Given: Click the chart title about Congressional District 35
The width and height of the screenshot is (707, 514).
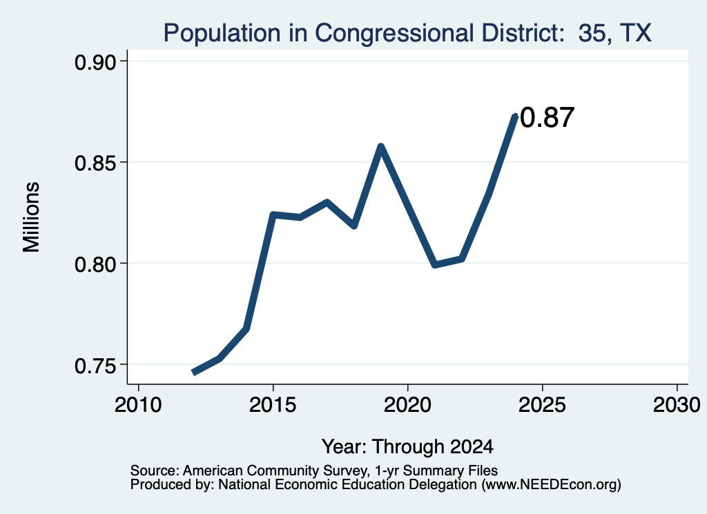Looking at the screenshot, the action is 407,33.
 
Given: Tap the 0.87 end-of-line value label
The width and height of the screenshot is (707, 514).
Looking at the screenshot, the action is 548,117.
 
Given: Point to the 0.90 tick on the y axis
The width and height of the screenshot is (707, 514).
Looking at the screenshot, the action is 95,61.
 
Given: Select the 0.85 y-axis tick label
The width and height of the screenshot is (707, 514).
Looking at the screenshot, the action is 95,163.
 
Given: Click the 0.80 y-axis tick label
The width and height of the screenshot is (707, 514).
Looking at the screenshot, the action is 95,264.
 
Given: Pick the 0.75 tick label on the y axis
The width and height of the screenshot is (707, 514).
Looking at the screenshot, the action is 95,366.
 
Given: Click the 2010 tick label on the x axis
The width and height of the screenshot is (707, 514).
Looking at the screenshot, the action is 138,405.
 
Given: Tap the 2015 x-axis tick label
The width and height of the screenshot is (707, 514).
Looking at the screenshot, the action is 272,405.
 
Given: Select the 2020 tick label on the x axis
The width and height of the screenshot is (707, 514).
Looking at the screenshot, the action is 407,405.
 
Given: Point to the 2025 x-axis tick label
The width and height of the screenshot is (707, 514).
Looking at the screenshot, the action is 541,405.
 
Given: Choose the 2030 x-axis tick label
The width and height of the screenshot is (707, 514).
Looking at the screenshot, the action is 677,405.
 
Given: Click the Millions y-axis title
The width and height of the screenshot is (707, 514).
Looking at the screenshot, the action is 31,217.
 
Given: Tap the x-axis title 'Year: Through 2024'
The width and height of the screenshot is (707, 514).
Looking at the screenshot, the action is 407,446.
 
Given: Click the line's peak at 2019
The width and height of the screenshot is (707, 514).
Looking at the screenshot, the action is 380,146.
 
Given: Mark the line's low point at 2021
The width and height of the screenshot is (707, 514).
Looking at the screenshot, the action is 435,264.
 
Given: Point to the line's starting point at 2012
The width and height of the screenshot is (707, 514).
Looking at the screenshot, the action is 193,373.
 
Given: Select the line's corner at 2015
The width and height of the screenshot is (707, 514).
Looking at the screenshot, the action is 273,215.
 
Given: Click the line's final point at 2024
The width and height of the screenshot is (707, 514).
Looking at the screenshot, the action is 515,116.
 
